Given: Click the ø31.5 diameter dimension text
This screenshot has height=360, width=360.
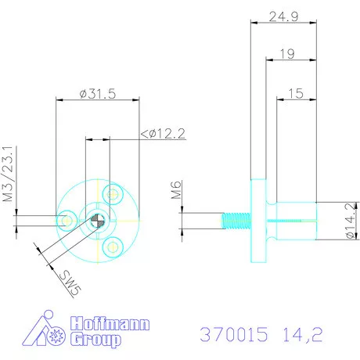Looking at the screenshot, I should [98, 94].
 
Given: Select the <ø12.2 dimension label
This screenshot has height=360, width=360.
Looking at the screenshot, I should [162, 134].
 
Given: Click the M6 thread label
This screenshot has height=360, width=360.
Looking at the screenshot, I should [176, 189].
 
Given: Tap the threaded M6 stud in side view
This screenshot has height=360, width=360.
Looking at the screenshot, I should [232, 221].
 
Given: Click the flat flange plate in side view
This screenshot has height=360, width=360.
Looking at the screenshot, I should [257, 221].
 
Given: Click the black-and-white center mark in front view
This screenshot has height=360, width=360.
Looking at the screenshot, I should [95, 221].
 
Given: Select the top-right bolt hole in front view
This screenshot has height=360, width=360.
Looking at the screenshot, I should [115, 193].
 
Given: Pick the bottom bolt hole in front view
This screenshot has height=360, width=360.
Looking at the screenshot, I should [112, 247].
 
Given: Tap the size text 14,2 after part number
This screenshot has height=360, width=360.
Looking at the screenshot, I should [300, 334].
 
